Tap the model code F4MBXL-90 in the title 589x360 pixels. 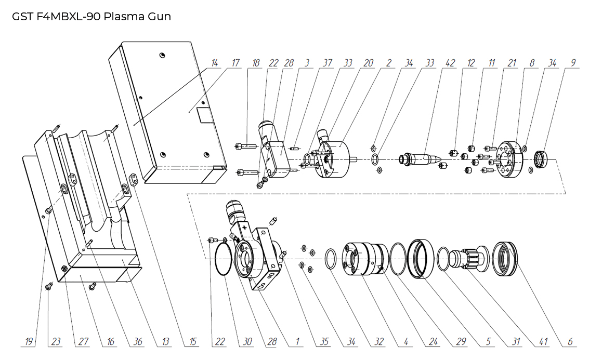pos(68,16)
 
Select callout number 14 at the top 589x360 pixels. pos(214,63)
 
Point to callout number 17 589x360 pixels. pos(235,63)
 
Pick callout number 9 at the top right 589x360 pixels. pos(573,63)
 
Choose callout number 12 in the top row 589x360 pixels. pos(471,63)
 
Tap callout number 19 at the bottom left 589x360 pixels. pos(29,342)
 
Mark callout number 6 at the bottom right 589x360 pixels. pos(570,342)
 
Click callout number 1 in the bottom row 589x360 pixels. pos(297,342)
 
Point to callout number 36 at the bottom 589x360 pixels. pos(138,342)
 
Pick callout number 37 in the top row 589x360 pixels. pos(327,63)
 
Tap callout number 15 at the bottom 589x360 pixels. pos(193,342)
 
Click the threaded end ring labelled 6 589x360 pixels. pos(505,258)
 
